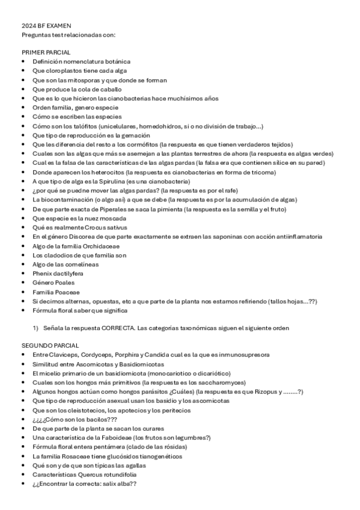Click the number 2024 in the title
[28, 26]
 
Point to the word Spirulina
[106, 181]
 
